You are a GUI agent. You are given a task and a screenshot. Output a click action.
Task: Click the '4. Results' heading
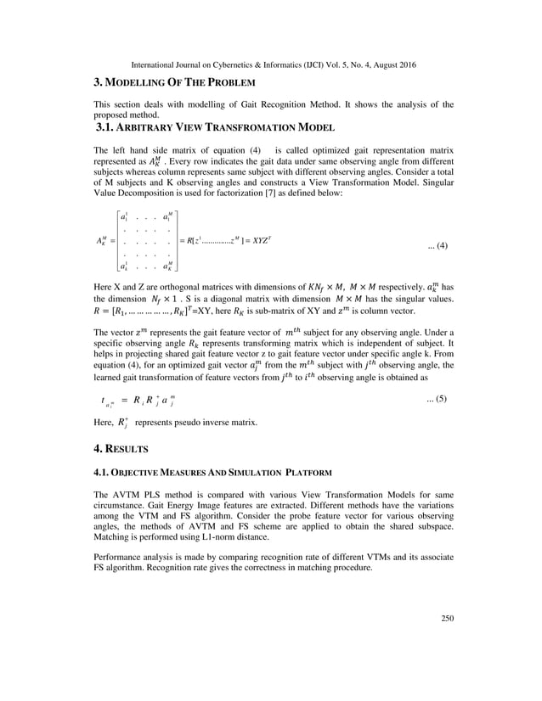click(x=122, y=446)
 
